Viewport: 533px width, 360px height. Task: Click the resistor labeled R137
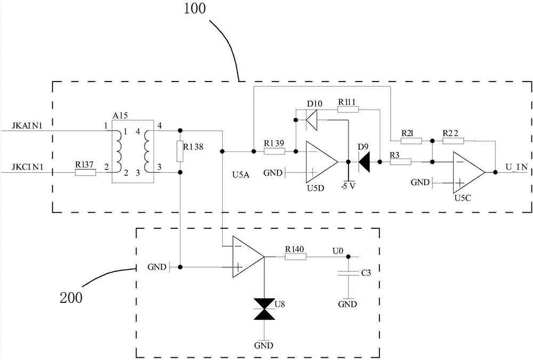[86, 172]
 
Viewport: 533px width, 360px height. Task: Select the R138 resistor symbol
[181, 151]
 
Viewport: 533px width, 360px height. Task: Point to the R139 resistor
[274, 151]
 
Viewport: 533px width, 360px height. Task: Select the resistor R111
[348, 109]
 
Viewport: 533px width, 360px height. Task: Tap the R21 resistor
[411, 141]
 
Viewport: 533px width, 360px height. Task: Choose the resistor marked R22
[454, 141]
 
